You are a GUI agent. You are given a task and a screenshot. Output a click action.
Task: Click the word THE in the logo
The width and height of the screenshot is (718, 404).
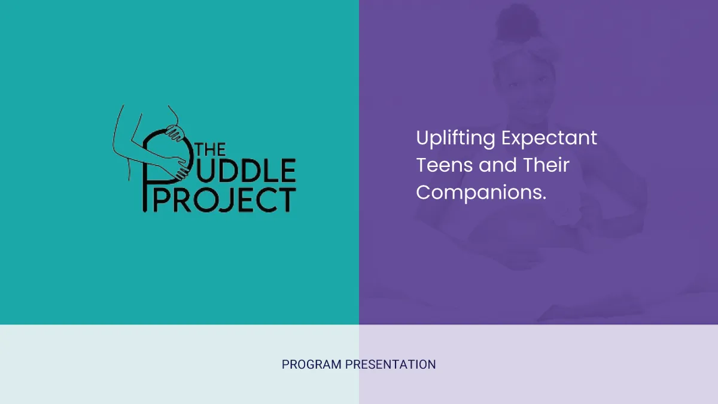coord(211,150)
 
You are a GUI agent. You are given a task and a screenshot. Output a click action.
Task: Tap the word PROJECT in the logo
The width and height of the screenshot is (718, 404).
coord(225,200)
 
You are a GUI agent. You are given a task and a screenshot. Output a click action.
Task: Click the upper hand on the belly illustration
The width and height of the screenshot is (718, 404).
coord(175,133)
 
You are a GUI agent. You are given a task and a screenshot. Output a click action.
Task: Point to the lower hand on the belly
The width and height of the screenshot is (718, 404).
coord(180,168)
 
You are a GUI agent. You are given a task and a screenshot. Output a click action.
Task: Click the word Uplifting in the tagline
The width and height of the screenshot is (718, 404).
coord(455,138)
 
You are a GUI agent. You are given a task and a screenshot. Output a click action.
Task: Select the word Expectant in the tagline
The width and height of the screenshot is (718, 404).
coord(549,138)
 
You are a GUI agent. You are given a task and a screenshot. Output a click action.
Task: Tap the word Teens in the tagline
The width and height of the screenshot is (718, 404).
coord(444,165)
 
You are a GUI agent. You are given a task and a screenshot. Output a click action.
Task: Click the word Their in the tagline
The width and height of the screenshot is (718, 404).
coord(546,165)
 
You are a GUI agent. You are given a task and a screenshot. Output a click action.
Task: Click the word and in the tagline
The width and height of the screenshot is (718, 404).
coord(498,165)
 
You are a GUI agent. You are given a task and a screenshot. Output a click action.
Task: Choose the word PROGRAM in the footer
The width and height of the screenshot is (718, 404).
coord(312,364)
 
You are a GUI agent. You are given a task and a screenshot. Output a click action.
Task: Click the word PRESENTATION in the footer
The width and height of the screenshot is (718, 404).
coord(390,364)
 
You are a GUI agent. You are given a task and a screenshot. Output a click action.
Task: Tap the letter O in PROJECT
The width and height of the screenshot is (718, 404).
coord(206,201)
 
